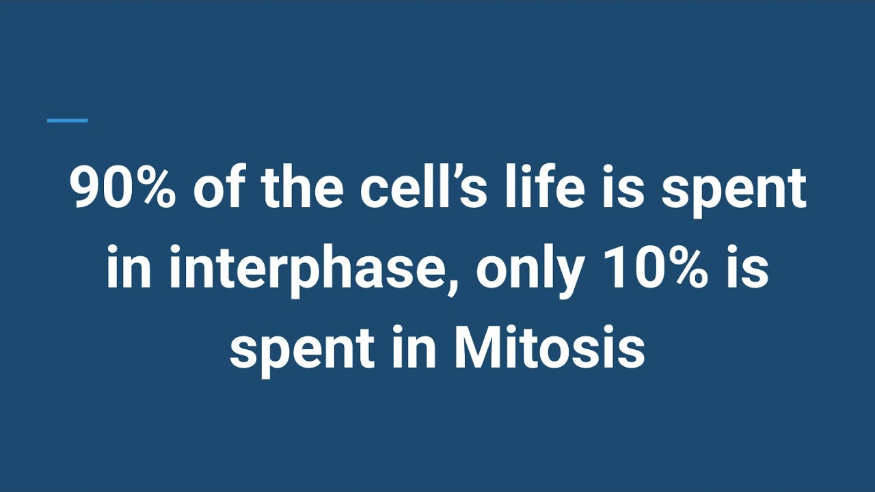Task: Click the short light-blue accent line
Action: point(67,121)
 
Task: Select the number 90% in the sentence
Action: point(124,189)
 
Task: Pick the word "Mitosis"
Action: point(549,347)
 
